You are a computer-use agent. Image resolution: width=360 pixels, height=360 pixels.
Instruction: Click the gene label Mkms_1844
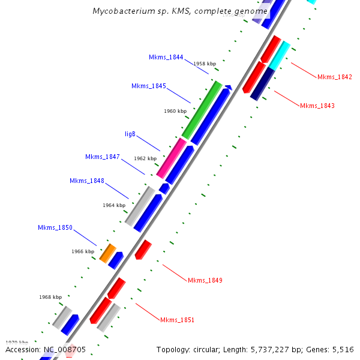point(166,57)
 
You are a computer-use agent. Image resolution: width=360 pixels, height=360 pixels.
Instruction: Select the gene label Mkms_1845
point(149,86)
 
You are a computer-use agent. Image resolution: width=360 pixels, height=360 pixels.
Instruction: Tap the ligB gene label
point(130,133)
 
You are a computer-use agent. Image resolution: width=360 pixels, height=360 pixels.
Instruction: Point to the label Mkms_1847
point(103,157)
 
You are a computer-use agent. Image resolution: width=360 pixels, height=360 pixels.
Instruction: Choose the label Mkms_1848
point(87,181)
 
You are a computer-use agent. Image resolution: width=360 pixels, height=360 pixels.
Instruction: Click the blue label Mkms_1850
point(55,227)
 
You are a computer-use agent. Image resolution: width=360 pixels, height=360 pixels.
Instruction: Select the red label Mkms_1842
point(334,77)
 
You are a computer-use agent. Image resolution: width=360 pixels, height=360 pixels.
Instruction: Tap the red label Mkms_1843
point(317,106)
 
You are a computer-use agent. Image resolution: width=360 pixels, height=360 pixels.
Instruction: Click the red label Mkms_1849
point(205,280)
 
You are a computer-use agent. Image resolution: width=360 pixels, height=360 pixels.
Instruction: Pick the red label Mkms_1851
point(177,320)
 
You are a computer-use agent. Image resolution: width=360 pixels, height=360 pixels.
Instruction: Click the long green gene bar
point(202,110)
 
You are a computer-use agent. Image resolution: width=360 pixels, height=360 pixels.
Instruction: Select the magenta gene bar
point(171,158)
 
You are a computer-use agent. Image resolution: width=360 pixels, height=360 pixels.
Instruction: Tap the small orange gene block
point(107,253)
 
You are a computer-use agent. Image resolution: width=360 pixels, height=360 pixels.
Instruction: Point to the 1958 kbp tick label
point(204,64)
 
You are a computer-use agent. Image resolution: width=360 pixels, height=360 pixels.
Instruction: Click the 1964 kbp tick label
point(114,205)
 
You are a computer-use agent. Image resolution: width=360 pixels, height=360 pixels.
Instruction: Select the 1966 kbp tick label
point(83,251)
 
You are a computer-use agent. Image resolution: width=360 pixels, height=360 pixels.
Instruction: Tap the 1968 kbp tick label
point(50,297)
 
